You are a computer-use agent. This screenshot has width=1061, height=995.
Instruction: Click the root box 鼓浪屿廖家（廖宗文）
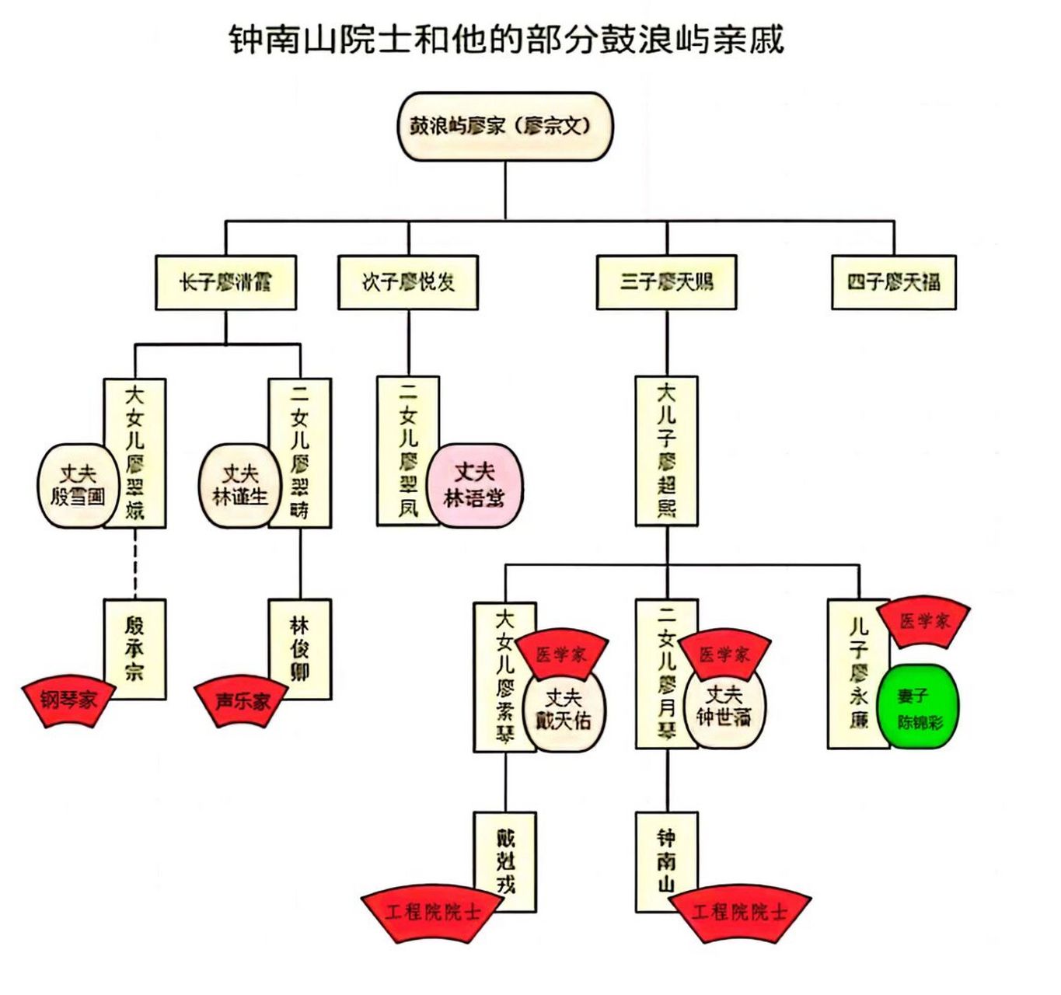pos(505,126)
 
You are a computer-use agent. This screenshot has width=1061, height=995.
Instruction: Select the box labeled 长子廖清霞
pos(225,282)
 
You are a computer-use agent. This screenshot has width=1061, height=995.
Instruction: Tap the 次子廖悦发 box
pos(408,282)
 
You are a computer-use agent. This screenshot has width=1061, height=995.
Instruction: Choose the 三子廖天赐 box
pos(666,282)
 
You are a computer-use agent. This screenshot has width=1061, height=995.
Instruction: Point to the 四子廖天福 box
pos(894,282)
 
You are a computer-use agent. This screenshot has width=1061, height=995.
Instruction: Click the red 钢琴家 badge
pos(68,701)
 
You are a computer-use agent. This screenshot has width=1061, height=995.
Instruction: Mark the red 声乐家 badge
pos(241,702)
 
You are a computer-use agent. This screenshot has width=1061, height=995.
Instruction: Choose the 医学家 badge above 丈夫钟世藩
pos(724,654)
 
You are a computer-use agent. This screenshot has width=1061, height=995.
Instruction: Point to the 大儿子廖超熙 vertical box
pos(666,451)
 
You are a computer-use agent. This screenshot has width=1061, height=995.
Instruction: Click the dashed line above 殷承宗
pos(135,564)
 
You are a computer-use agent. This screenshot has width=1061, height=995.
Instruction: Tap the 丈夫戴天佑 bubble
pos(564,709)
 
